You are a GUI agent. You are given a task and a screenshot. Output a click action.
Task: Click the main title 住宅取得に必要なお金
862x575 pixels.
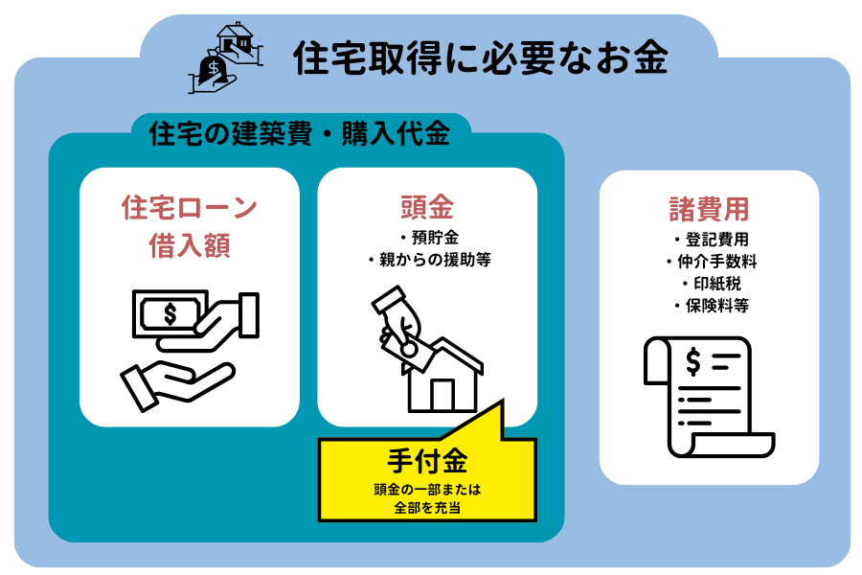pos(480,59)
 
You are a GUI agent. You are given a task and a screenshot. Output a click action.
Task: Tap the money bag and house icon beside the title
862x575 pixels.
pos(228,58)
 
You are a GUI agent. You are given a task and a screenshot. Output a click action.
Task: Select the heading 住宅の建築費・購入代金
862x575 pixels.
pos(300,134)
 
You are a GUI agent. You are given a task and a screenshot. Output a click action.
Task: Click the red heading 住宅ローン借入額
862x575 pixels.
pos(190,226)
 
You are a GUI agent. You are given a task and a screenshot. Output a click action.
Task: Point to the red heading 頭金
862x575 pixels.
pos(426,207)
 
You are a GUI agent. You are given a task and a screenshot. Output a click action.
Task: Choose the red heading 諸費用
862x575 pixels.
pos(709,209)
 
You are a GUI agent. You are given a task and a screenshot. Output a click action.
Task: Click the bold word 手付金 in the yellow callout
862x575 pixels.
pos(428,462)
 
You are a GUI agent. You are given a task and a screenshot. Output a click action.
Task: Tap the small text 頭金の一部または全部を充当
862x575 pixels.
pos(428,498)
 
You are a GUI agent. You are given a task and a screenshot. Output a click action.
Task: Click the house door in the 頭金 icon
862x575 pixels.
pos(442,394)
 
